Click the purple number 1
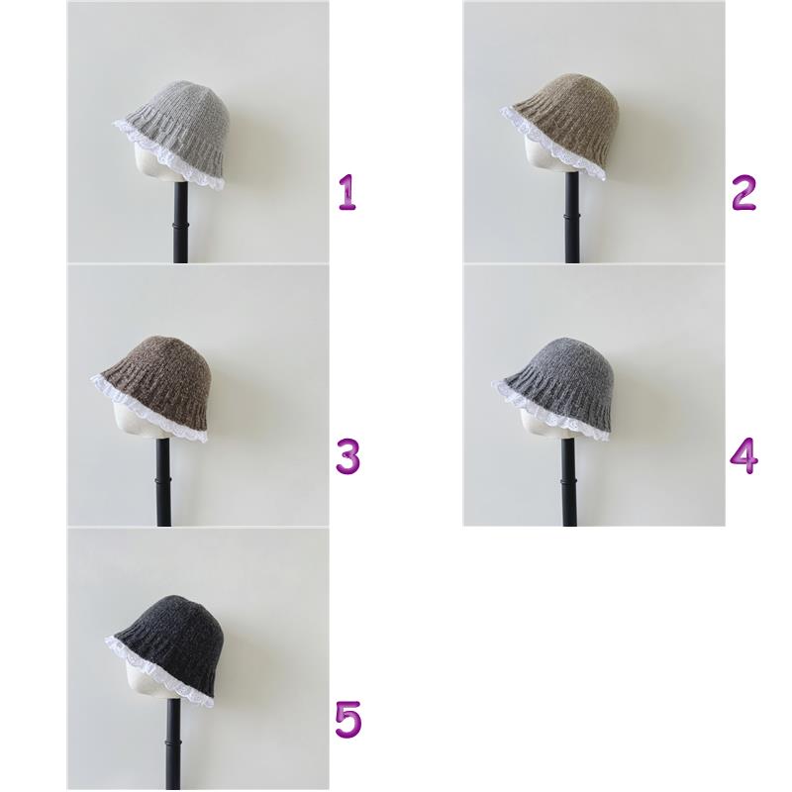coord(347,192)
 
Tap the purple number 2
coord(743,192)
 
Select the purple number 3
coord(348,456)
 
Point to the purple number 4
coord(744,455)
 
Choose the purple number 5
coord(348,719)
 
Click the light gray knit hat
coord(174,133)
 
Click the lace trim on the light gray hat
coord(166,157)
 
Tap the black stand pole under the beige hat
coord(571,217)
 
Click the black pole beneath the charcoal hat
coord(173,746)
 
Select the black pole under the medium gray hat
coord(569,482)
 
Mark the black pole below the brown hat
coord(163,482)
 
